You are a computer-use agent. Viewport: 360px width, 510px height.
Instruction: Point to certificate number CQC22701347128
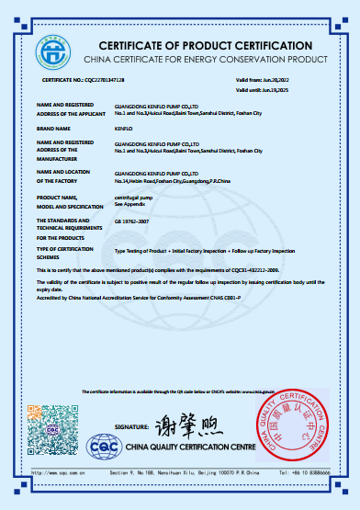coord(91,82)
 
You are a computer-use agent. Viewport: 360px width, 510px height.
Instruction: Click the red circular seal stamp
coord(290,429)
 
